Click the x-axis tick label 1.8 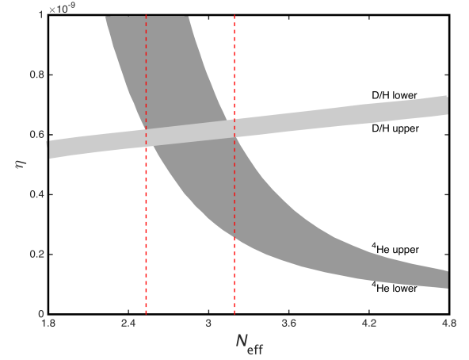pyautogui.click(x=48, y=324)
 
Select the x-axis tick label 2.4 pyautogui.click(x=128, y=324)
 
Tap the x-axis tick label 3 pyautogui.click(x=208, y=324)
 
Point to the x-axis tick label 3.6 pyautogui.click(x=288, y=324)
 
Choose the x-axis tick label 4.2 pyautogui.click(x=369, y=324)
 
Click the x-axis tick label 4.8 pyautogui.click(x=449, y=324)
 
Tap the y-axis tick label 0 pyautogui.click(x=41, y=314)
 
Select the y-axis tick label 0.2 pyautogui.click(x=36, y=254)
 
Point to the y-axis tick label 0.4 pyautogui.click(x=36, y=194)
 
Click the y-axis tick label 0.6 pyautogui.click(x=36, y=135)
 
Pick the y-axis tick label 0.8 pyautogui.click(x=36, y=75)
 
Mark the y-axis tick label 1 pyautogui.click(x=41, y=15)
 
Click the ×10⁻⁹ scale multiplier pyautogui.click(x=62, y=8)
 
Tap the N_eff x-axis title pyautogui.click(x=250, y=343)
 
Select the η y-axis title pyautogui.click(x=21, y=164)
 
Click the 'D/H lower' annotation pyautogui.click(x=395, y=95)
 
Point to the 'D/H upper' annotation pyautogui.click(x=395, y=128)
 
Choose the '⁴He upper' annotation pyautogui.click(x=395, y=249)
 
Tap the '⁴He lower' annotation pyautogui.click(x=395, y=288)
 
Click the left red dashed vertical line pyautogui.click(x=146, y=164)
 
